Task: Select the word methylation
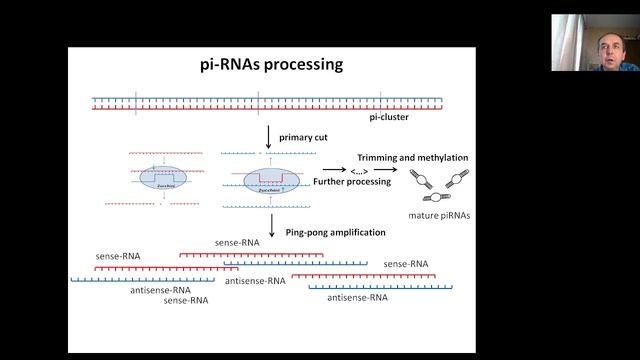point(440,158)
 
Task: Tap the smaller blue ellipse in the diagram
point(156,180)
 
